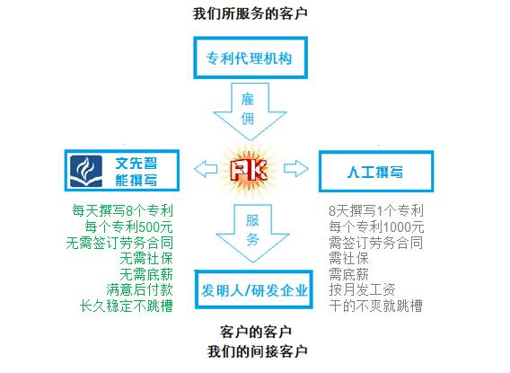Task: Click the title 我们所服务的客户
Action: click(x=250, y=14)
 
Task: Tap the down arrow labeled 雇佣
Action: click(x=250, y=111)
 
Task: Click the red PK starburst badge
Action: click(x=249, y=170)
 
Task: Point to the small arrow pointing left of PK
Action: click(x=206, y=169)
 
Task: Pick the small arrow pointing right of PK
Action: click(x=296, y=168)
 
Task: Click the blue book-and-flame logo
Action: click(x=86, y=171)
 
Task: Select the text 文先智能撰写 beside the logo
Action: click(x=136, y=172)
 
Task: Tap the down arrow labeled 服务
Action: click(x=252, y=233)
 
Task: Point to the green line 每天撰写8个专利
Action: click(x=122, y=210)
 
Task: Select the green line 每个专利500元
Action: click(x=128, y=226)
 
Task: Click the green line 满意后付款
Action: click(x=139, y=289)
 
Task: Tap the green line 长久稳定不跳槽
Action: click(x=127, y=306)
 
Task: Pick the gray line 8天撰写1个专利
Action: click(x=376, y=210)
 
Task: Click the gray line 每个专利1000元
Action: click(x=376, y=226)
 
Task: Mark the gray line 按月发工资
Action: click(x=362, y=289)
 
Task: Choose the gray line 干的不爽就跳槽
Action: click(x=375, y=306)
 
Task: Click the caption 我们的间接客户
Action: click(x=258, y=351)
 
